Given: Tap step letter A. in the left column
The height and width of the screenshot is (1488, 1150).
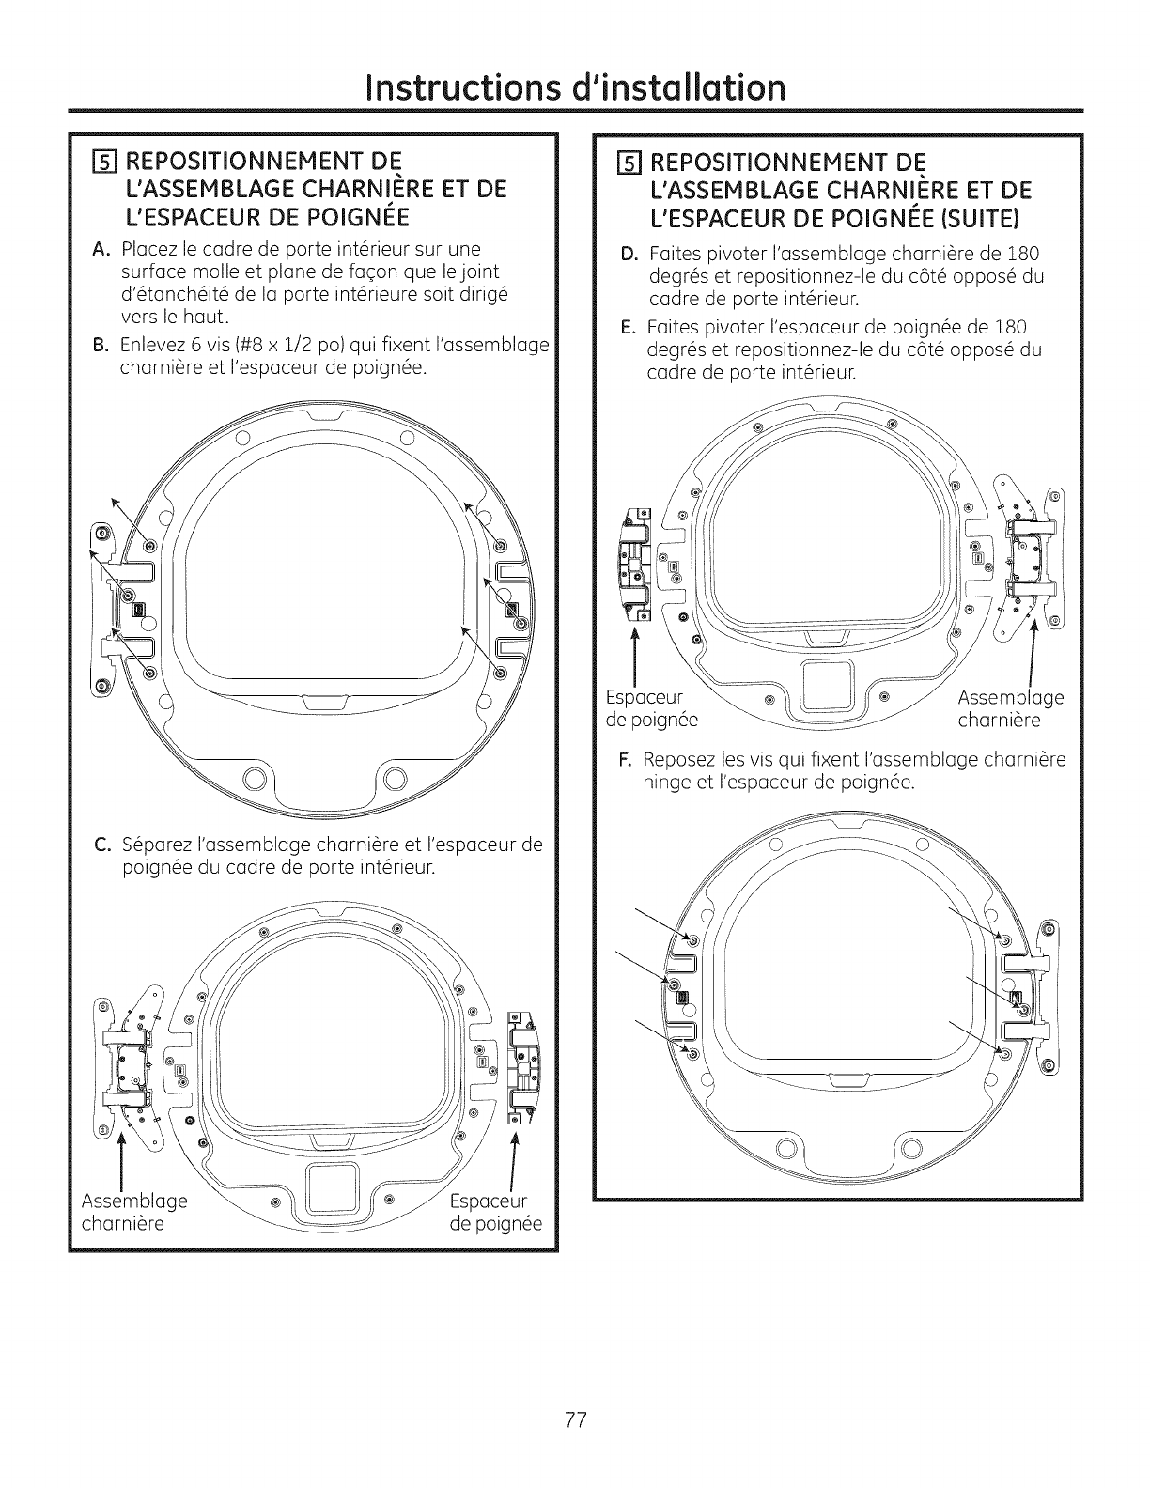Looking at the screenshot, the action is coord(104,249).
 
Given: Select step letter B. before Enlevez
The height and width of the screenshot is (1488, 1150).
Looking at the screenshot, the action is coord(104,346).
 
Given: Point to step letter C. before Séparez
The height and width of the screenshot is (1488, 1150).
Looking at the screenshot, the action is coord(105,844).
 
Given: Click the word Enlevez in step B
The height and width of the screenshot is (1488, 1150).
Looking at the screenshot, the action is coord(153,346).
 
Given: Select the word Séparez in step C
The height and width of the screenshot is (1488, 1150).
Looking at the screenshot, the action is coord(157,844).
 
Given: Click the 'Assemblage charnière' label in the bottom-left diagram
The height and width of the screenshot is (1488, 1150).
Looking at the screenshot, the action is coord(134,1212).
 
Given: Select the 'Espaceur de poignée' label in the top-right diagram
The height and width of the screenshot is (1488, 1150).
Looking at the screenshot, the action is coord(652,708).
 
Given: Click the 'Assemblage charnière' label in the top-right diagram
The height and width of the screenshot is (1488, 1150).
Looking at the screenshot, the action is coord(1010,708).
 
